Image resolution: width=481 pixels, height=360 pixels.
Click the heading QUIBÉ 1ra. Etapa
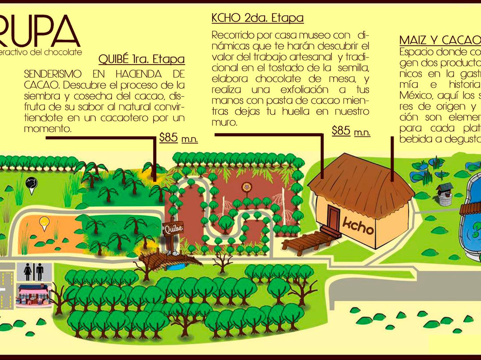tap(141, 59)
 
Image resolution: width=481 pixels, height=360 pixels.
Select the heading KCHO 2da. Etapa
tap(257, 18)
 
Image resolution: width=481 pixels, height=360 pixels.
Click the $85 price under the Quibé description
tap(169, 138)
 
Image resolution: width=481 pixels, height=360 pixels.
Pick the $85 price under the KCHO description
tap(341, 131)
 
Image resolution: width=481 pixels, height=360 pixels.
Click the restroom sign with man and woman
tap(34, 272)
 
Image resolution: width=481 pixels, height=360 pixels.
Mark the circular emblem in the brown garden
tap(245, 186)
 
